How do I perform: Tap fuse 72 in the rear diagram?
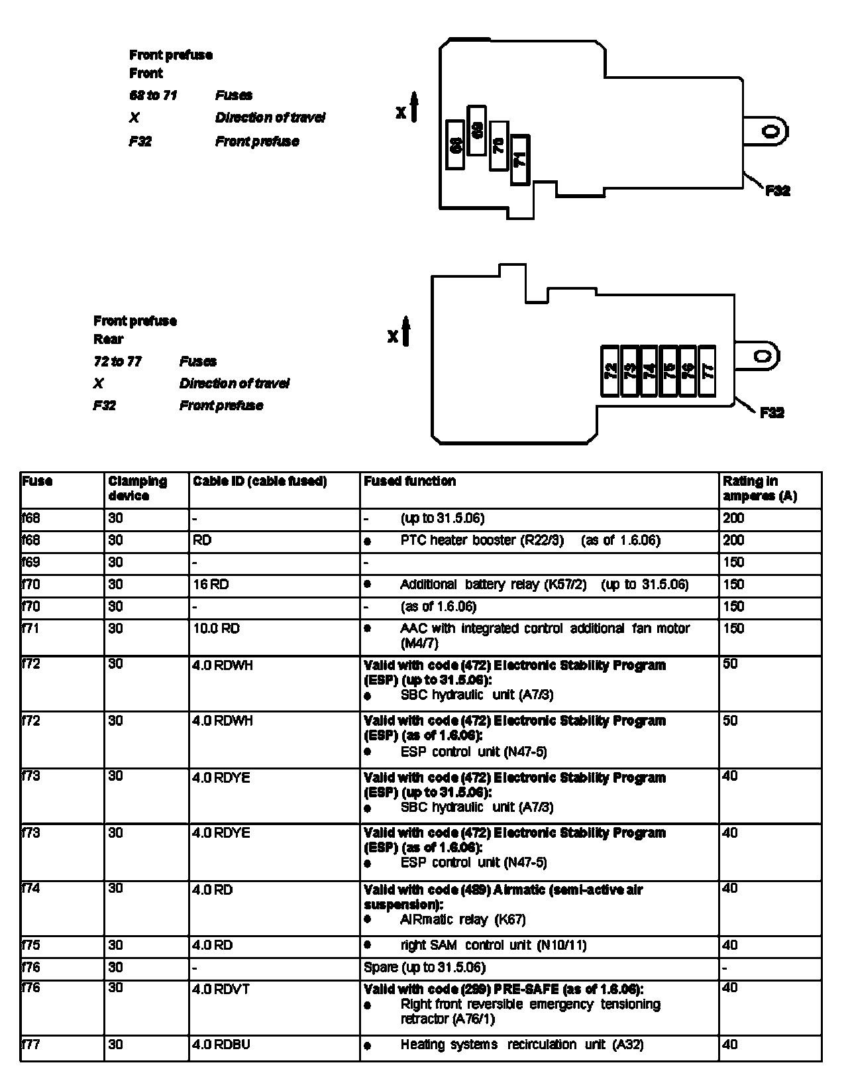coord(610,370)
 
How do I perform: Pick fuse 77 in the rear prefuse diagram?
coord(708,370)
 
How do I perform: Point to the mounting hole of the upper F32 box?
coord(770,131)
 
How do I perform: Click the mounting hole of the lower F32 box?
coord(763,356)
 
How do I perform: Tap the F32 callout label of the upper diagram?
coord(777,191)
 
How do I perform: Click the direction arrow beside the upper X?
coord(415,108)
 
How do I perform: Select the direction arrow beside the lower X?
coord(406,331)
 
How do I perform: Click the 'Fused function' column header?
coord(410,481)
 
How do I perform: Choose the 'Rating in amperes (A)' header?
coord(759,488)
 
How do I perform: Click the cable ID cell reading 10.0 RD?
coord(216,628)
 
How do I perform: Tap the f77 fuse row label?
coord(31,1045)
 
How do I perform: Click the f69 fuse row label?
coord(31,563)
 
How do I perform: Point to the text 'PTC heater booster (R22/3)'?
coord(482,540)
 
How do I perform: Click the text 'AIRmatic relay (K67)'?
coord(463,919)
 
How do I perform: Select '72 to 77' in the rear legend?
coord(117,361)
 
